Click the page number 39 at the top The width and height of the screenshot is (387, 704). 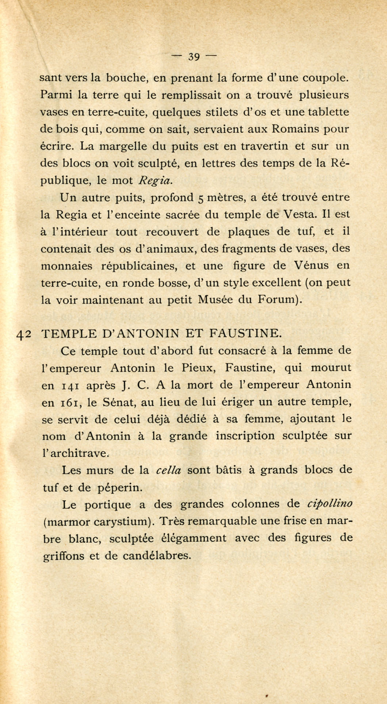[193, 57]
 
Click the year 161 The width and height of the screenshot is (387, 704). [68, 402]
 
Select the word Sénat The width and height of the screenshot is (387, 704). [115, 402]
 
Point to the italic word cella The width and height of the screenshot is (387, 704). [168, 471]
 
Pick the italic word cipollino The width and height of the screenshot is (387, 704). [330, 504]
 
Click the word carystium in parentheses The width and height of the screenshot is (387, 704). [120, 522]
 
